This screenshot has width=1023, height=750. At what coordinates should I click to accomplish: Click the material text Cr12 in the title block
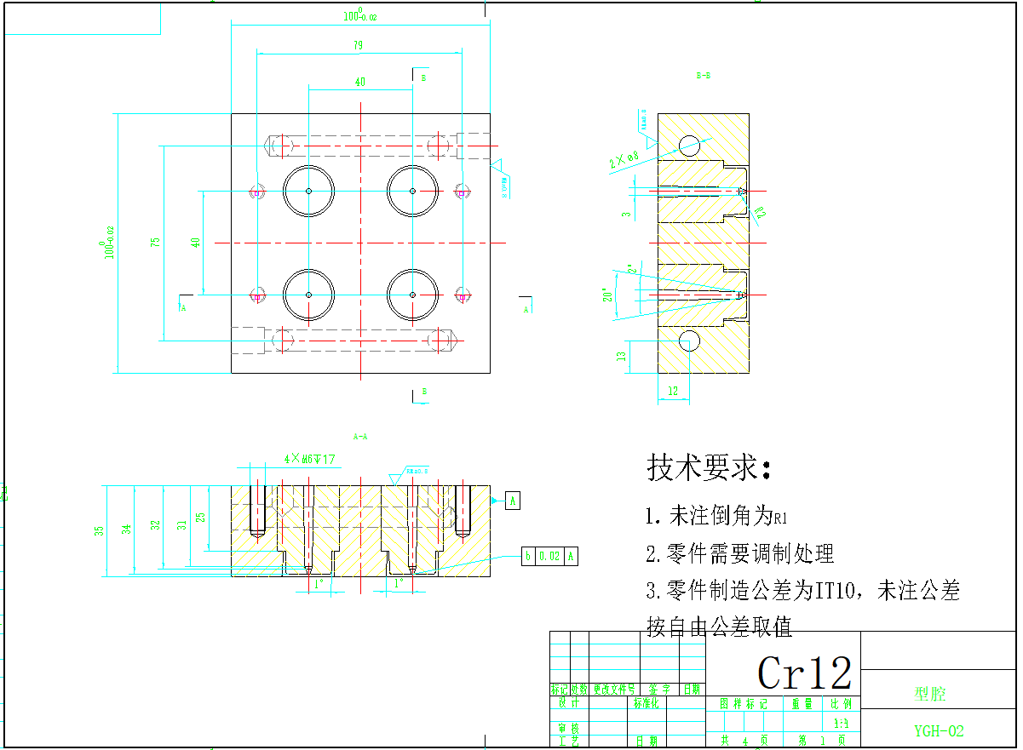tap(804, 673)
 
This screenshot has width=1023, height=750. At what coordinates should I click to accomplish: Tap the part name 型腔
tap(930, 695)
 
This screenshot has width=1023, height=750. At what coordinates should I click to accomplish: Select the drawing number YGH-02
tap(939, 730)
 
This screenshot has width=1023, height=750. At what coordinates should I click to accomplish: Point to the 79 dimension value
tap(359, 45)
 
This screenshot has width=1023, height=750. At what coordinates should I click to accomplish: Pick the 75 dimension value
tap(156, 242)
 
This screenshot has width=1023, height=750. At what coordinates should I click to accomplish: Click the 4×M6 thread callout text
tap(309, 459)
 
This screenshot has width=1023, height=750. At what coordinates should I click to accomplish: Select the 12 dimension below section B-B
tap(674, 391)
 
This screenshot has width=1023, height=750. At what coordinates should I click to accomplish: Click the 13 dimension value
tap(623, 355)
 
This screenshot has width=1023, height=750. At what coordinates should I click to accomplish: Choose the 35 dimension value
tap(99, 530)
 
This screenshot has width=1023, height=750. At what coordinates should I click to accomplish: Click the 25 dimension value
tap(200, 517)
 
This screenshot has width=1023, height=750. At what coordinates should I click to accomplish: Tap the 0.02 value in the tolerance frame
tap(549, 557)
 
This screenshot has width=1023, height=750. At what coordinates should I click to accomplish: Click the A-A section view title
tap(359, 437)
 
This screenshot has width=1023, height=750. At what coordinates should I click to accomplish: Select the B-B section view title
tap(703, 76)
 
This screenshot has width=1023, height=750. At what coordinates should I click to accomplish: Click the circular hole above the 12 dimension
tap(688, 341)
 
